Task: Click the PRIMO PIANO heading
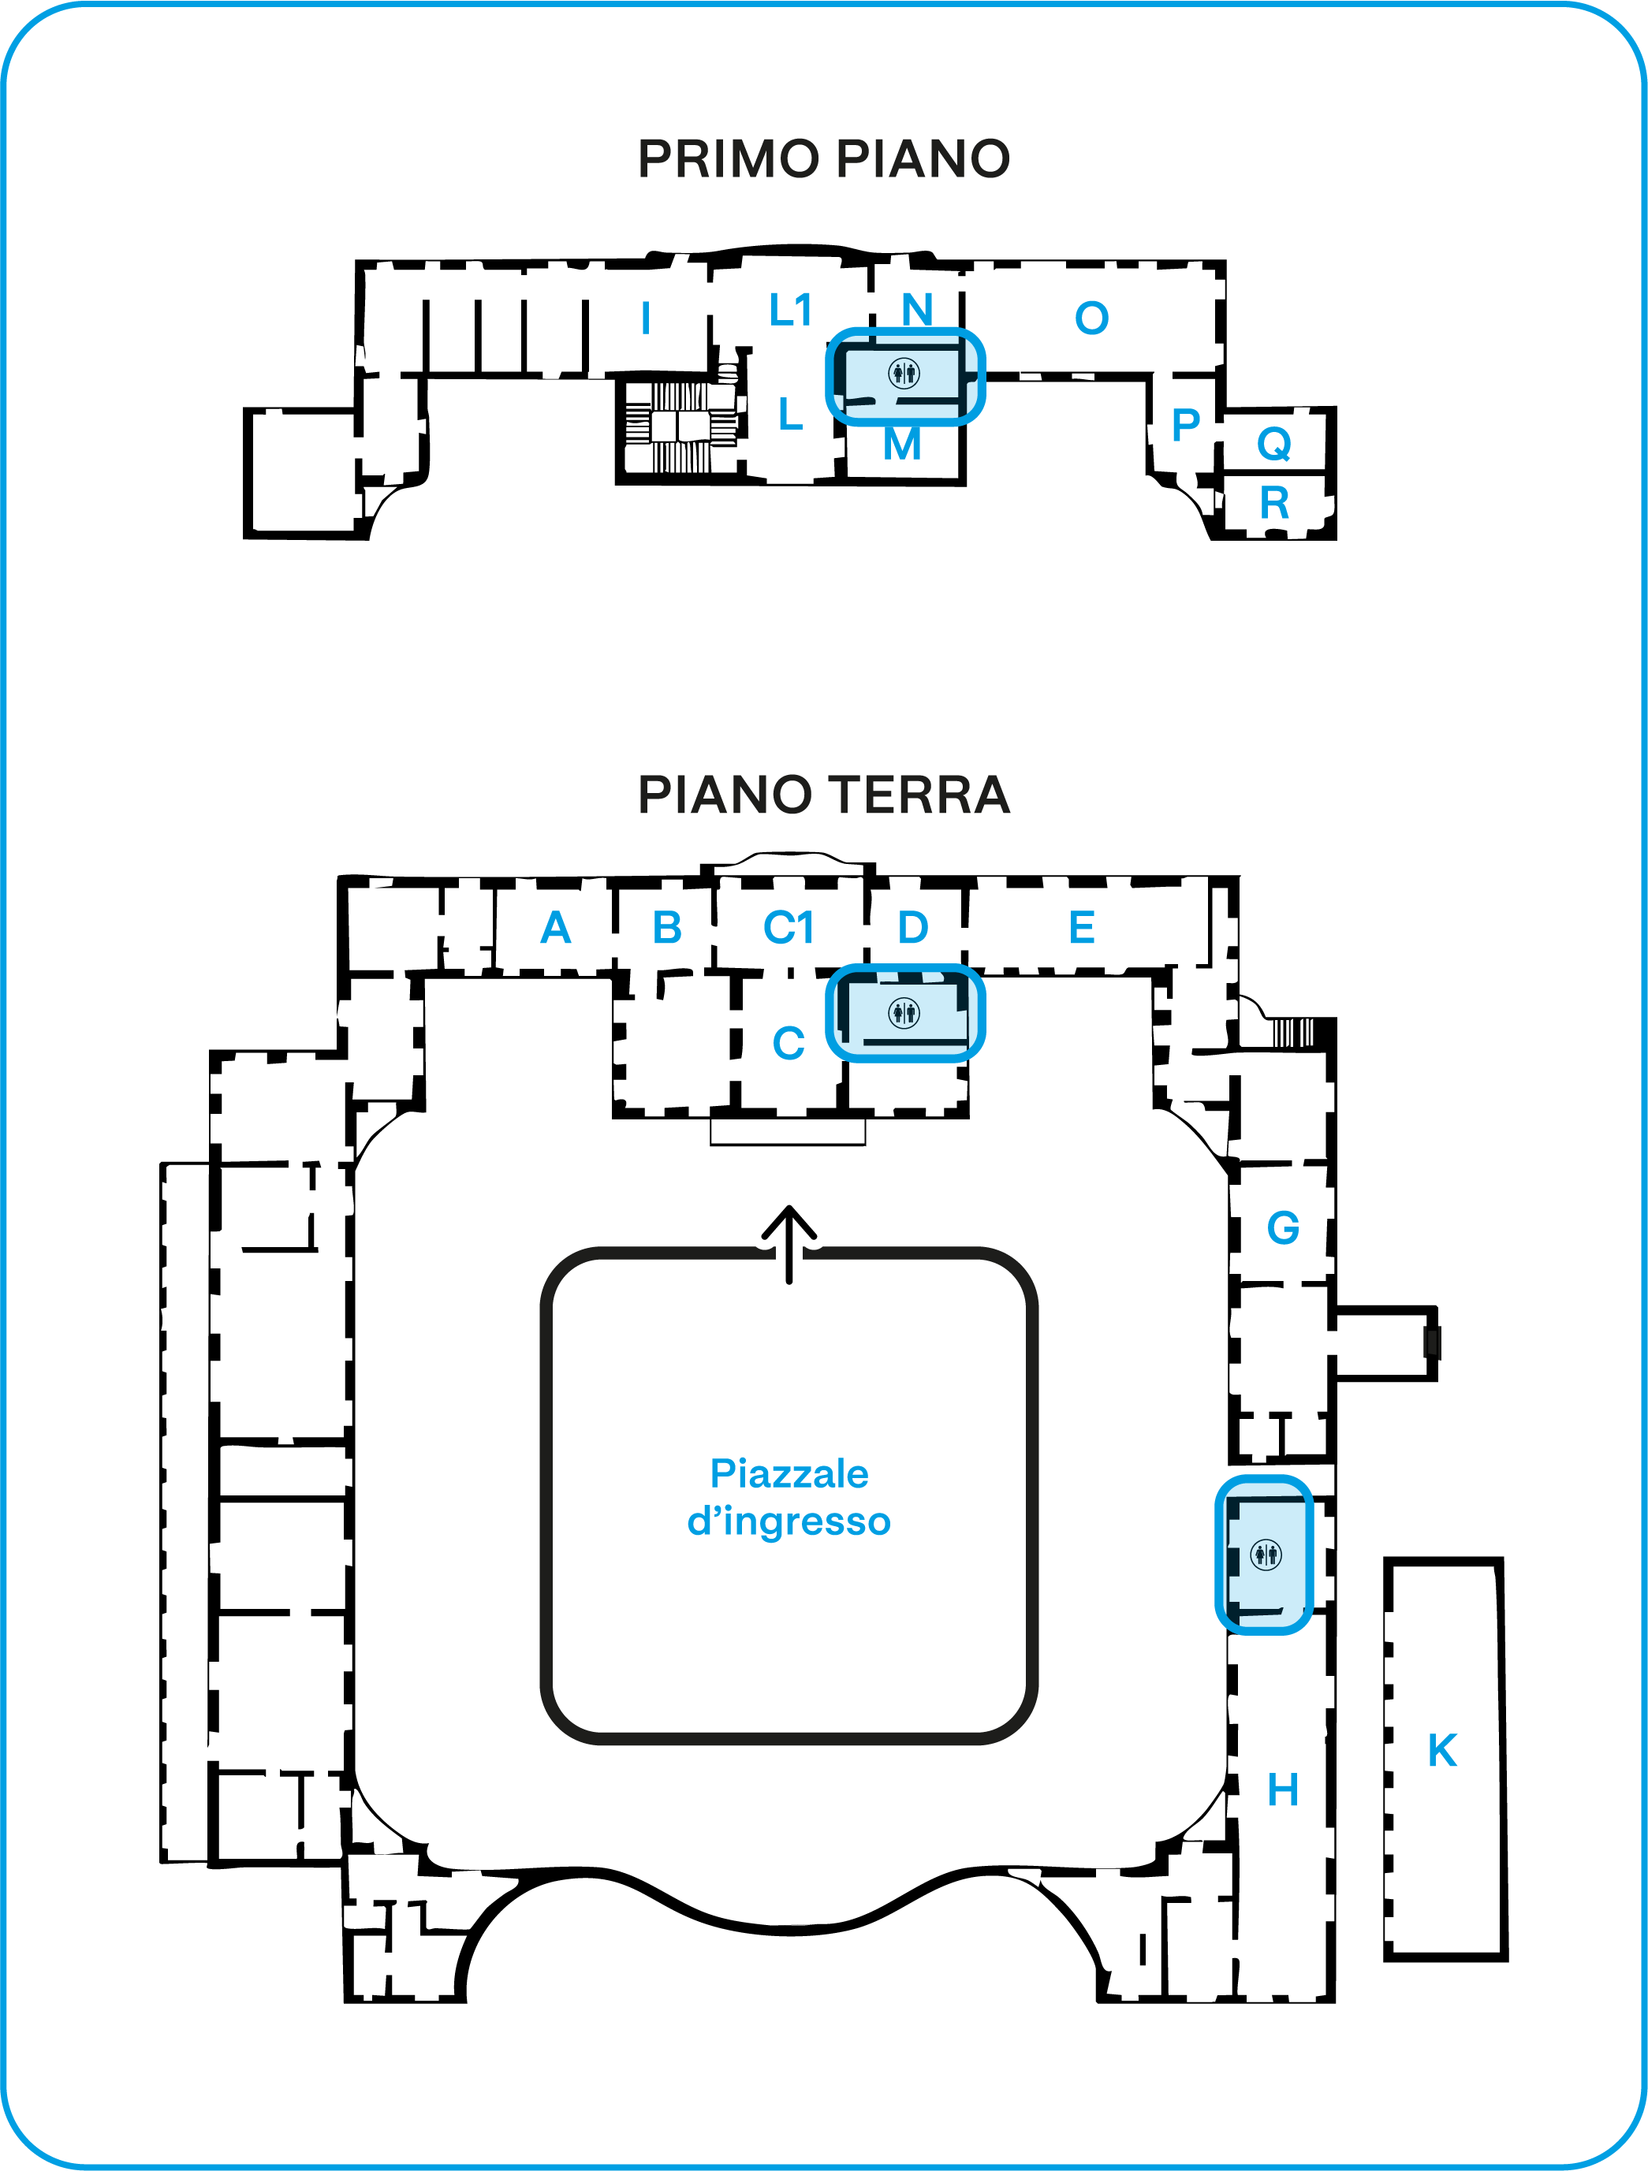[x=823, y=159]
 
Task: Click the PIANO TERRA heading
[x=823, y=794]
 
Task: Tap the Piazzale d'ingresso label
[x=789, y=1497]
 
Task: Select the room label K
[x=1442, y=1751]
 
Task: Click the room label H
[x=1283, y=1790]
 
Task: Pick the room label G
[x=1283, y=1228]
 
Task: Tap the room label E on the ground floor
[x=1082, y=928]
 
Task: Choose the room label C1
[x=789, y=928]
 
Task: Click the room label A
[x=556, y=928]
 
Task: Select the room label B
[x=667, y=928]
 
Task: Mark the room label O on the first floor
[x=1091, y=318]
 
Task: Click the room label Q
[x=1274, y=445]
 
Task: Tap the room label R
[x=1274, y=504]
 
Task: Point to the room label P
[x=1186, y=425]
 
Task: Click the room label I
[x=645, y=318]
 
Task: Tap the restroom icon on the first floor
[x=904, y=373]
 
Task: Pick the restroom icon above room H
[x=1266, y=1555]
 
